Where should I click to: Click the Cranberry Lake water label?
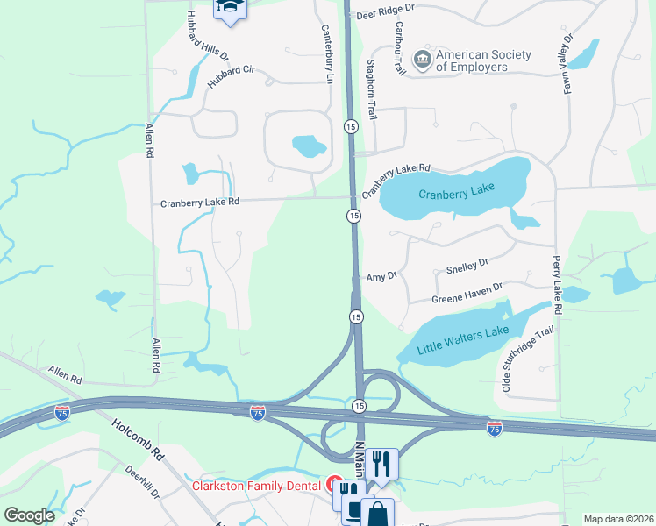456,192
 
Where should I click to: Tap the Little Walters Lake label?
462,339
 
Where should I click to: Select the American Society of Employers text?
483,60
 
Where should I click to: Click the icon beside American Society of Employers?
423,60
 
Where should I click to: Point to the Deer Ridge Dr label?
385,13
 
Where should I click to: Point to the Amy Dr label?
381,274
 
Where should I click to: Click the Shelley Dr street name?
467,261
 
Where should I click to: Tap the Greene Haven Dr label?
467,293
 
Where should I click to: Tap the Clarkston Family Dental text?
256,485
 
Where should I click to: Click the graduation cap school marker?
231,8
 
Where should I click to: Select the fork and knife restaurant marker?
381,463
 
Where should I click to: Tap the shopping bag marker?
377,513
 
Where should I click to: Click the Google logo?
30,515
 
